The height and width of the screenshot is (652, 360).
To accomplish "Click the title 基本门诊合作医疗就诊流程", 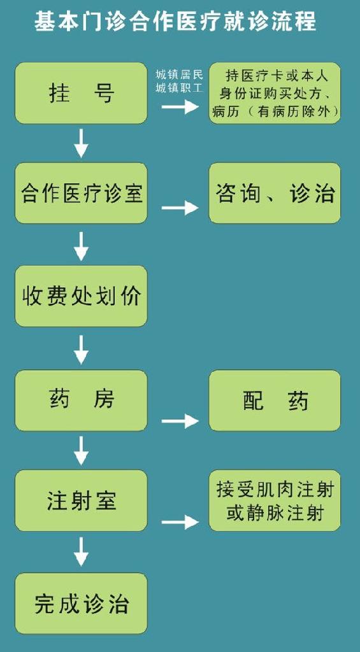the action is pos(175,21).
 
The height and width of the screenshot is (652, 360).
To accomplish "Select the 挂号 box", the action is pos(81,93).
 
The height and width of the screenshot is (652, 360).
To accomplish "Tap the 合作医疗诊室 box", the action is pos(81,193).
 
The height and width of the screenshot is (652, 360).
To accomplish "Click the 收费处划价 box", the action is pos(81,295).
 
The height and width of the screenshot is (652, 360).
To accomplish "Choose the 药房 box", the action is pos(81,400).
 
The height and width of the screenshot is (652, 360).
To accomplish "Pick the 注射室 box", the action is pos(81,500).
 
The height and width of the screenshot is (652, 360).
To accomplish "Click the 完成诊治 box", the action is pos(81,604).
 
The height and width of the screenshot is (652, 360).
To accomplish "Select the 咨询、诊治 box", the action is pos(275,193).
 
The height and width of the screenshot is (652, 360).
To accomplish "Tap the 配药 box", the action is pos(275,400).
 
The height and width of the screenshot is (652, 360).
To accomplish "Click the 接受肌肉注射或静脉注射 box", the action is pos(275,500).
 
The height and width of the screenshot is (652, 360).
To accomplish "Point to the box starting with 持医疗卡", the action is pos(275,93).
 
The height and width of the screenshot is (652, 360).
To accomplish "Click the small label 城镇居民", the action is pos(180,75).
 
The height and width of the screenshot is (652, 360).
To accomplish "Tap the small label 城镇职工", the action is pos(180,88).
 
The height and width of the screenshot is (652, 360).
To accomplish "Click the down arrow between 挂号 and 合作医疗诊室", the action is pos(81,143).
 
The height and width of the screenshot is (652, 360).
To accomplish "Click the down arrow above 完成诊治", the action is pos(81,551).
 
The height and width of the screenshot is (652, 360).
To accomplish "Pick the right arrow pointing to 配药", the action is pos(180,422).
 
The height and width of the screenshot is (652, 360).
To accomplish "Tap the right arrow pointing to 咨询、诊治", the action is pos(180,208).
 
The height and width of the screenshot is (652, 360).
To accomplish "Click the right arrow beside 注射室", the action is pos(180,522).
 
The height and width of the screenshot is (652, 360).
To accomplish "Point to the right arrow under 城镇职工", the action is pos(180,106).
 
